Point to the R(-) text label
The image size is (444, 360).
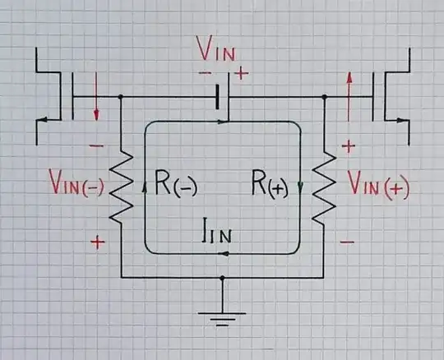[171, 187]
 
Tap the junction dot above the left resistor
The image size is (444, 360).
[121, 97]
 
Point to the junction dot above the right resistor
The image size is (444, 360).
[324, 97]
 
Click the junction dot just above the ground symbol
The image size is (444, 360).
[222, 278]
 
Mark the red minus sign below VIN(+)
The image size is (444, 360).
[348, 242]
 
